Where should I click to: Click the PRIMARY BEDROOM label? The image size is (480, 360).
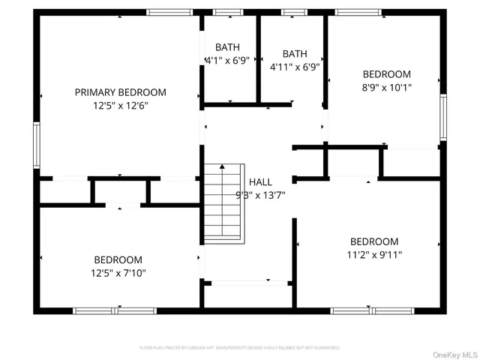pos(120,92)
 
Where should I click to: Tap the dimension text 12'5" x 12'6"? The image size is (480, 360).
pos(120,106)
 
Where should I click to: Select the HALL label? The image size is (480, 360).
pos(260,181)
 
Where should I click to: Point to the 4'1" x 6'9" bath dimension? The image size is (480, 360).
pos(227,60)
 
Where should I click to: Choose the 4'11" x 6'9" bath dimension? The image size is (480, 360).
pos(295,66)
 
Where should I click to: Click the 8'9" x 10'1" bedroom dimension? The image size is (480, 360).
pos(386,87)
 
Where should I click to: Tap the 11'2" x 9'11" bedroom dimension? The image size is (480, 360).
pos(374,254)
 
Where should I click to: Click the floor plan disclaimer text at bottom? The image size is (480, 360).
pos(240,348)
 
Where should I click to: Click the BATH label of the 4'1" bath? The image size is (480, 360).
pos(227,46)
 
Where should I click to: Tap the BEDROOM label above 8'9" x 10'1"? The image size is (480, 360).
pos(386,73)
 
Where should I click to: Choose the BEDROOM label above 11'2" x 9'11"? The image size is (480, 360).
pos(374,241)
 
